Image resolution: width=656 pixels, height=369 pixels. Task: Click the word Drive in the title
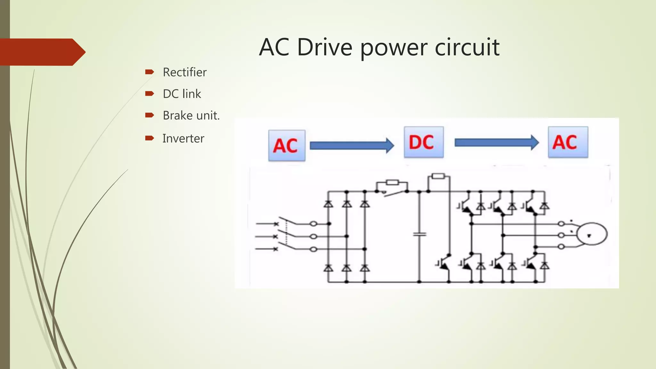324,47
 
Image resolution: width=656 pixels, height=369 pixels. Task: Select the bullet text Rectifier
184,72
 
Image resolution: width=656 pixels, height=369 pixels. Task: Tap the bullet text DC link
182,94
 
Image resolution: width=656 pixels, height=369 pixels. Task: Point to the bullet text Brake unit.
191,115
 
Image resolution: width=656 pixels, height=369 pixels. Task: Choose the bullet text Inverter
183,138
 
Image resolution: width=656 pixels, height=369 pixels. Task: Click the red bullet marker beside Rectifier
149,72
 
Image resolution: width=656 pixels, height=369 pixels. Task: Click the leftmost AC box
287,145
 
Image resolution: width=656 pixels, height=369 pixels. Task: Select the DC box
423,142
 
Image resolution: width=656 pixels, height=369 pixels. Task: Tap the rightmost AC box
568,142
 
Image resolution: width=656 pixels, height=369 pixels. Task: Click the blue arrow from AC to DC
351,146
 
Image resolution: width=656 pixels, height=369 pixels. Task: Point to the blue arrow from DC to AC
496,143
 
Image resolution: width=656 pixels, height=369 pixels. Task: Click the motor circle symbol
592,234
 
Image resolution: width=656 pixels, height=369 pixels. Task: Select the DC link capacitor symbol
419,234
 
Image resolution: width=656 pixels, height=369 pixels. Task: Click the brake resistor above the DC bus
438,176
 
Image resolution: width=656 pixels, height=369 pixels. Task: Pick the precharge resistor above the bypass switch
392,183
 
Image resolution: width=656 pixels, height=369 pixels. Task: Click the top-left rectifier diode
328,204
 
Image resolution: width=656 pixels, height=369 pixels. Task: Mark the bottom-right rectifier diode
365,268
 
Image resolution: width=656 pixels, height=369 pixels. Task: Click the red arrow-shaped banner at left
42,52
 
